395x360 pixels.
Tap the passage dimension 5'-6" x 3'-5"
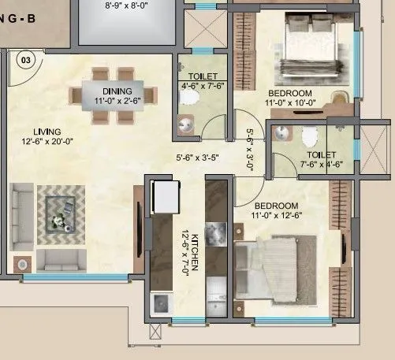coord(200,158)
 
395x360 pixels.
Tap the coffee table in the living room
coord(61,211)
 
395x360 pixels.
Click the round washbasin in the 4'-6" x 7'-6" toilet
coord(185,124)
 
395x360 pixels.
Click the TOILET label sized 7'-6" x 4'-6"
coord(320,154)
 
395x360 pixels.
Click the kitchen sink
coord(161,302)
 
